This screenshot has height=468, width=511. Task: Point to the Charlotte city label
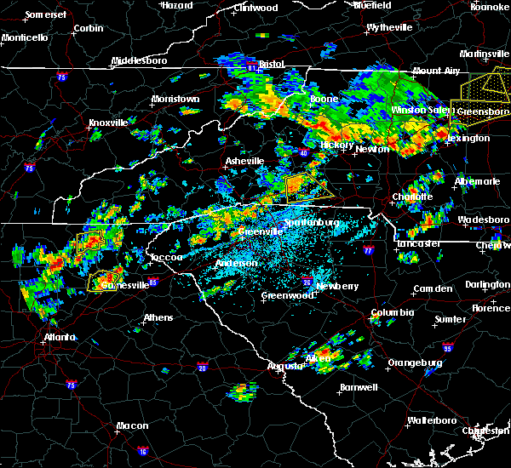pos(413,197)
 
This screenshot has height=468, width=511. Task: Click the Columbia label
pos(392,312)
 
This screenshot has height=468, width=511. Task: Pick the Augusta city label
pos(285,366)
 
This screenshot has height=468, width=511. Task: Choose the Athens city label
pos(158,317)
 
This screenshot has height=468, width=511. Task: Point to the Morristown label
pos(175,99)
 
